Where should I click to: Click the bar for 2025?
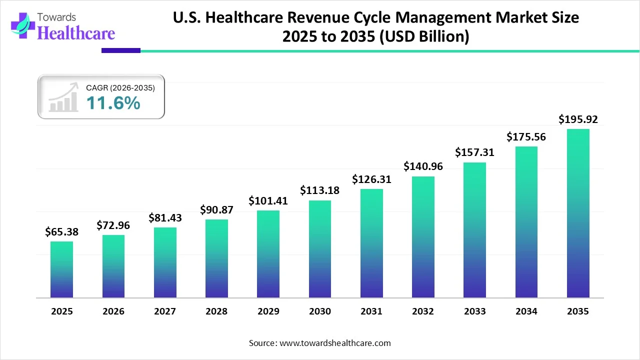pos(61,269)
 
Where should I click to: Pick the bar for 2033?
pos(474,230)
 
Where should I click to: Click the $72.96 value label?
pos(113,225)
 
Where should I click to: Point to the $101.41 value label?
pos(268,201)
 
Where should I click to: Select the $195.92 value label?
pos(578,119)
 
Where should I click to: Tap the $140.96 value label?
pos(423,166)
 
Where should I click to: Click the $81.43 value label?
pos(165,218)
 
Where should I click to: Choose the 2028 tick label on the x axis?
pos(216,311)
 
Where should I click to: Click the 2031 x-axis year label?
pos(371,311)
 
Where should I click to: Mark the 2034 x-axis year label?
pos(526,311)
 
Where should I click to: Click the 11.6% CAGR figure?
pos(113,103)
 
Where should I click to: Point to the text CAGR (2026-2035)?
pos(120,88)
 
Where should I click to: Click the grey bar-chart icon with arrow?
pos(63,97)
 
